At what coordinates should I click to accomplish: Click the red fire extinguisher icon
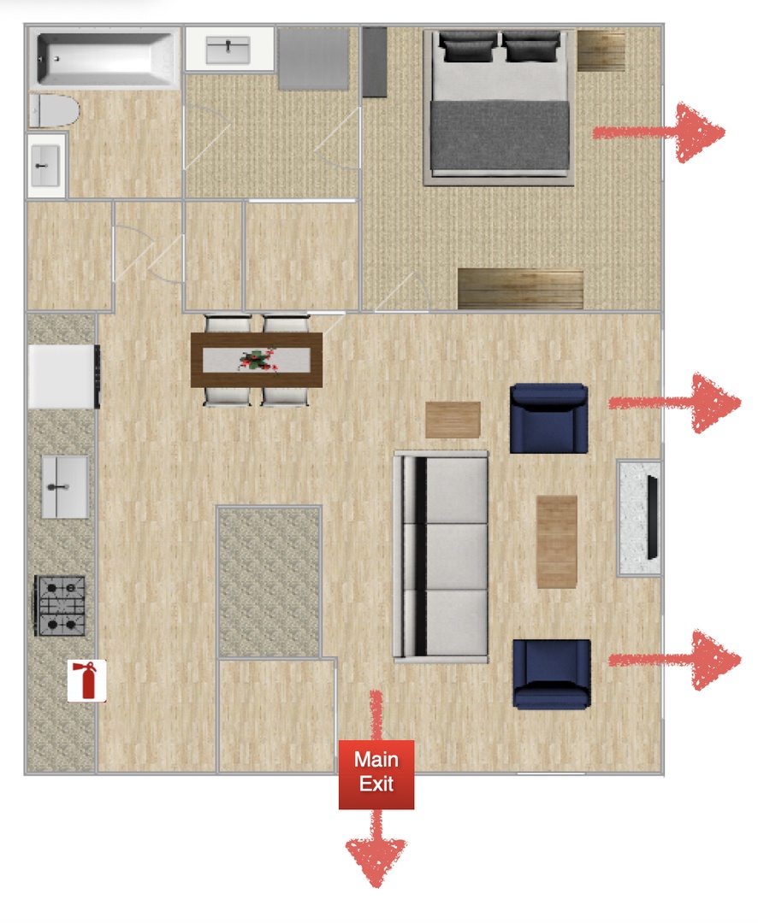click(86, 680)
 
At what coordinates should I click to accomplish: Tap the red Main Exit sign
click(376, 773)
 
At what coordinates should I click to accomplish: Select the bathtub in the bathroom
click(105, 58)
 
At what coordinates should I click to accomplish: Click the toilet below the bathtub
click(54, 110)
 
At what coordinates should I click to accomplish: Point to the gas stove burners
click(60, 606)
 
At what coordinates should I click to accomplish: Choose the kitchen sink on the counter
click(64, 487)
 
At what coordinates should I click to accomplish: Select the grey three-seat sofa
click(441, 557)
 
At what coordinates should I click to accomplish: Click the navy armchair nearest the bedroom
click(548, 419)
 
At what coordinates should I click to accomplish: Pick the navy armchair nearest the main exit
click(552, 673)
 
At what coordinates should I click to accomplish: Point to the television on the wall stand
click(652, 517)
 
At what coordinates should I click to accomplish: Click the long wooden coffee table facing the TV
click(556, 542)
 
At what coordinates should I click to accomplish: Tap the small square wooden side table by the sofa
click(453, 420)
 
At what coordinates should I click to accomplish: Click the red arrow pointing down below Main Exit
click(376, 849)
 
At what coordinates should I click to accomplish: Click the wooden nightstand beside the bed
click(601, 50)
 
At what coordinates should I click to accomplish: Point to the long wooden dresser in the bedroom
click(520, 289)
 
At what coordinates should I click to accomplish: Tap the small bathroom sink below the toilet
click(45, 166)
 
